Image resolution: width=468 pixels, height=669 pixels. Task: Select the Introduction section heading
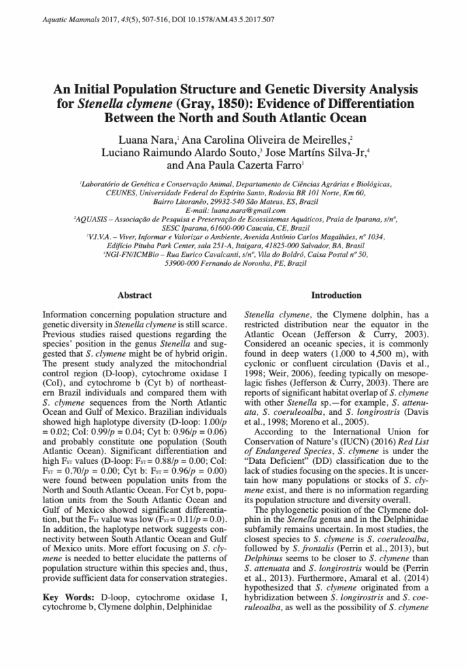(336, 296)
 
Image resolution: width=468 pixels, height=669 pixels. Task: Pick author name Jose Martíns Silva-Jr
(316, 152)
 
